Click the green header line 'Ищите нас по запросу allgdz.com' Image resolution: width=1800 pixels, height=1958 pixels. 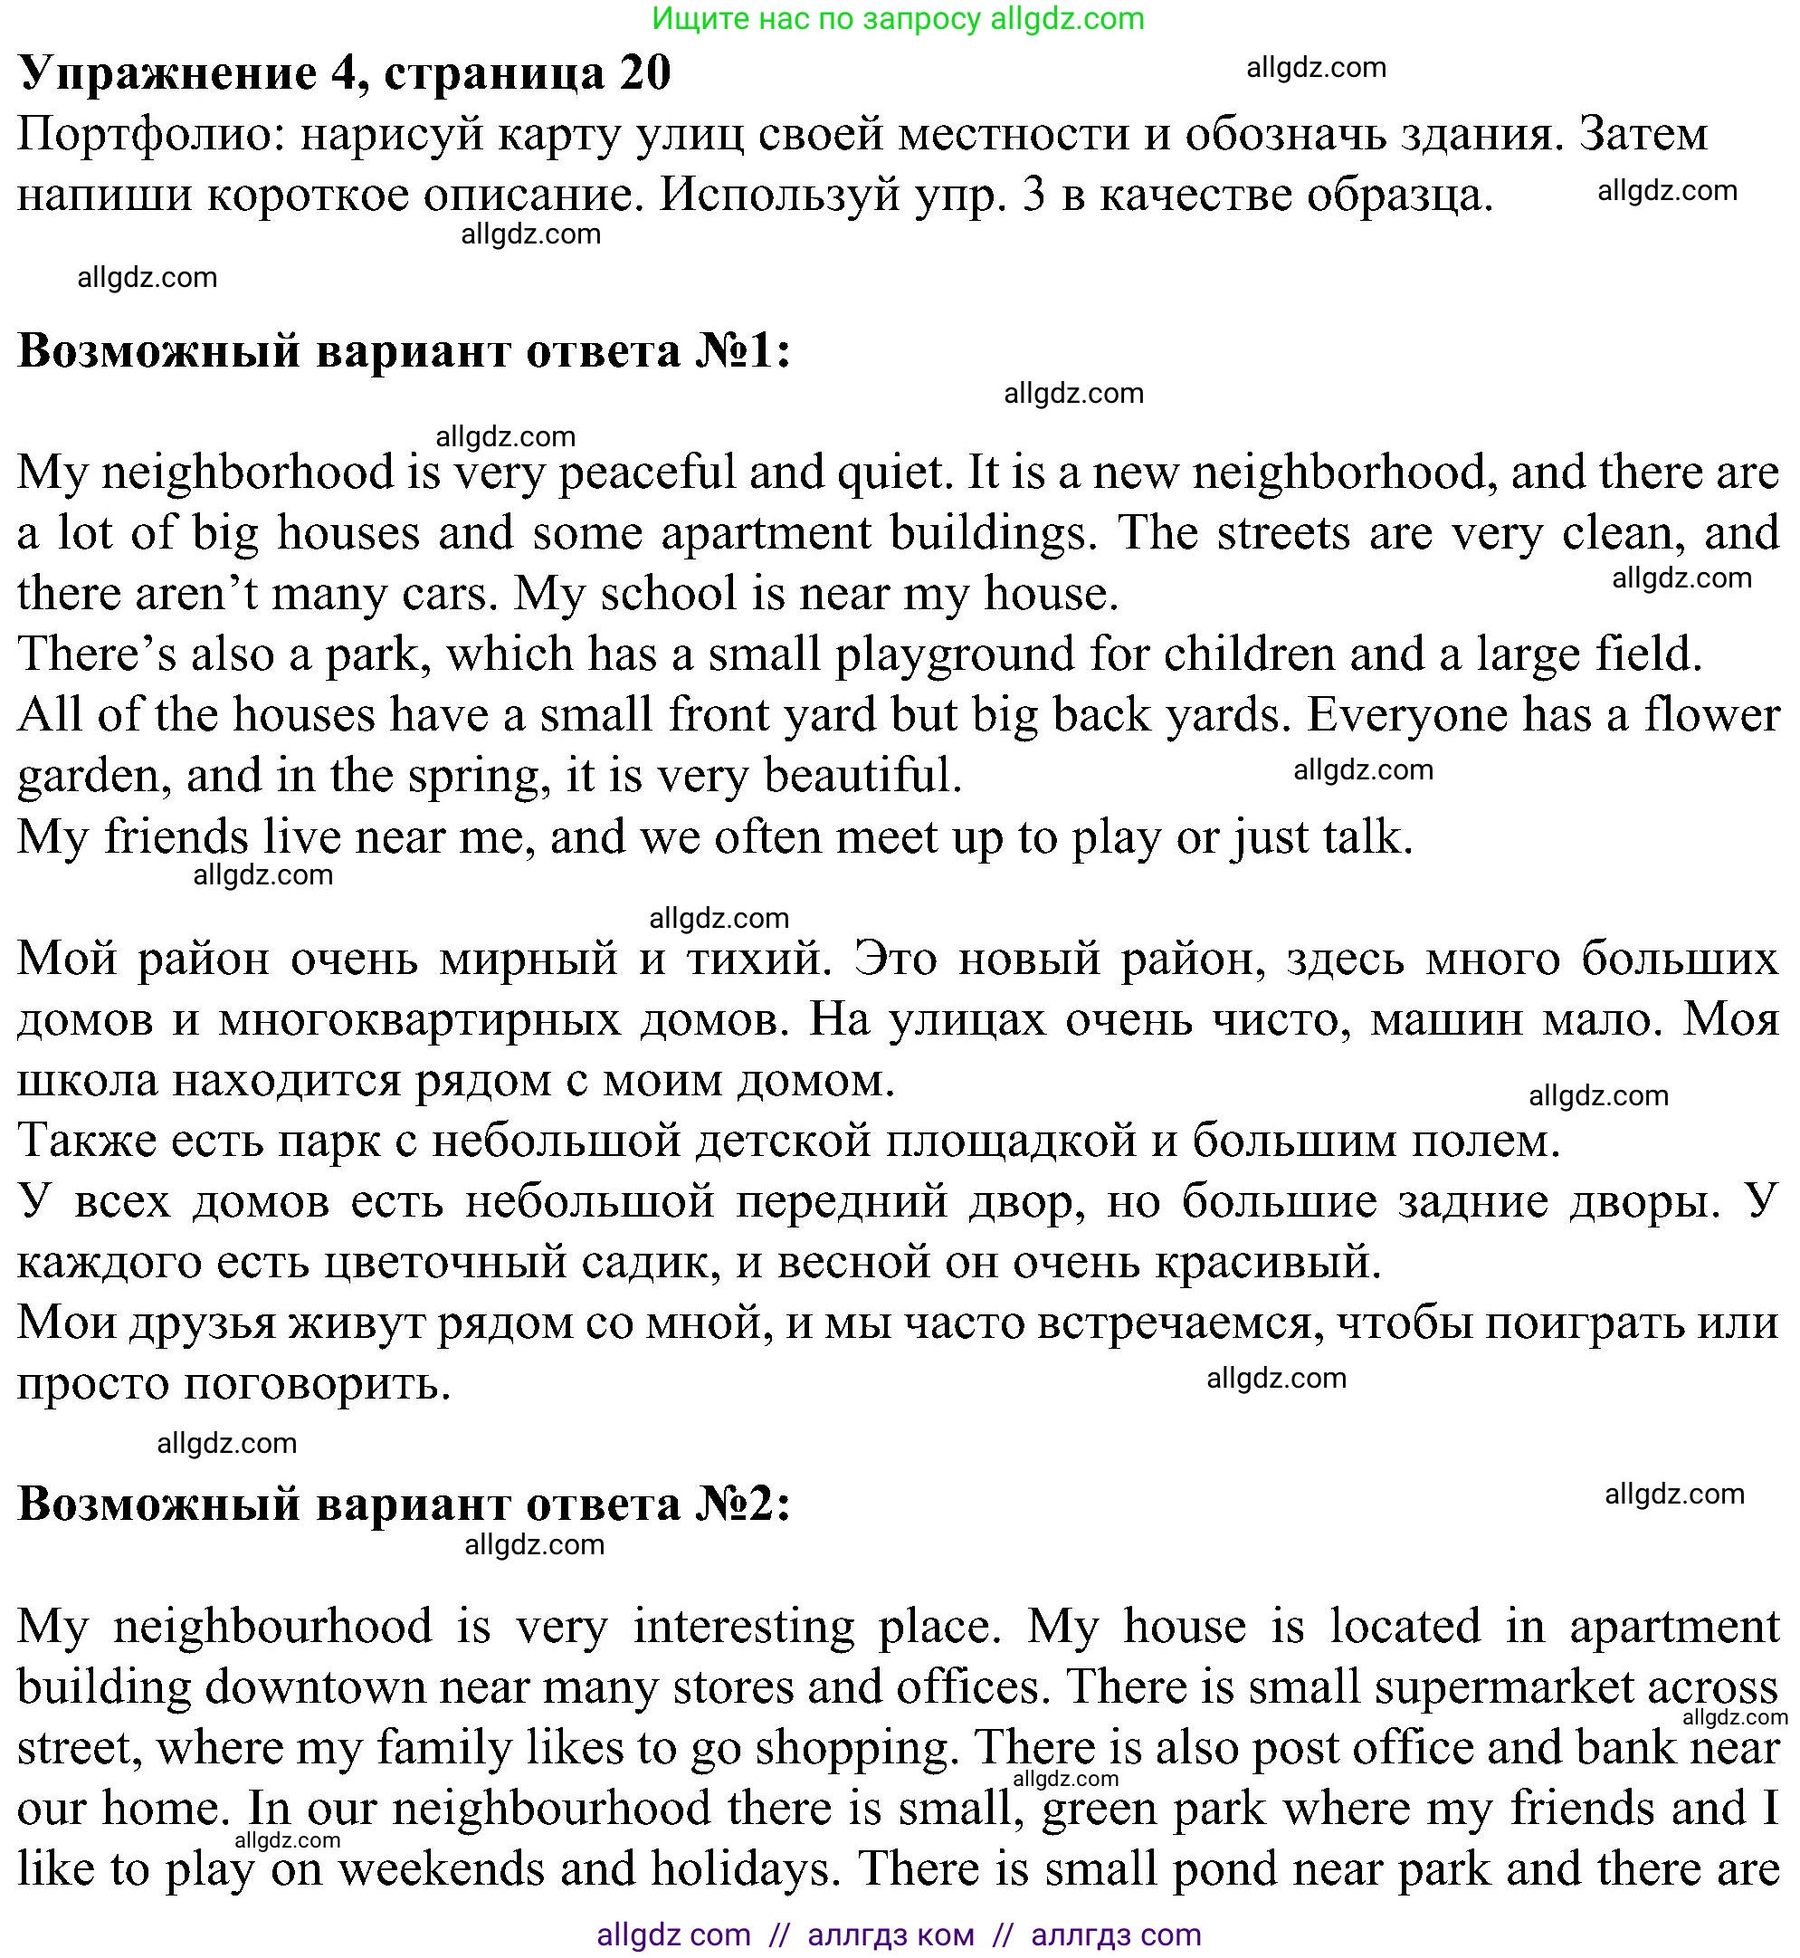[x=897, y=18]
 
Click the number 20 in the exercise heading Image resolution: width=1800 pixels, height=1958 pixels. [x=643, y=72]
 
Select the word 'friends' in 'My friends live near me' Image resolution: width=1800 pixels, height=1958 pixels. [x=176, y=836]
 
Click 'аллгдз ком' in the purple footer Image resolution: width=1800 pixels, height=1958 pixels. [x=890, y=1934]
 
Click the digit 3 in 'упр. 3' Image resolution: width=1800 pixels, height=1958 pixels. [x=1033, y=196]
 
